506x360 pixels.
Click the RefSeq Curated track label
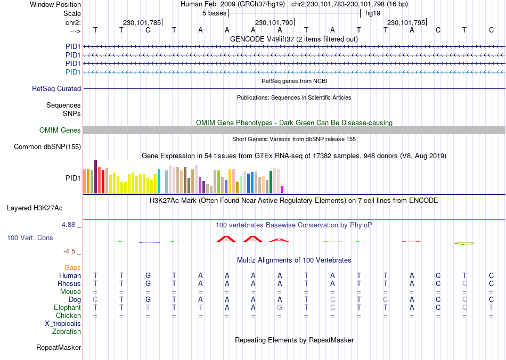pos(56,89)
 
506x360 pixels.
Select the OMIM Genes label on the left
pos(60,130)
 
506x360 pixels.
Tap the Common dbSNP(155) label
pos(47,147)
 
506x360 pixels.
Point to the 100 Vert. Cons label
pos(30,238)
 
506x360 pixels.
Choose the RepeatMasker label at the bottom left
pos(59,348)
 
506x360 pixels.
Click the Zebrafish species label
pos(67,332)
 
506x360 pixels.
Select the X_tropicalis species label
pos(63,324)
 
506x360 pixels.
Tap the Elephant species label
pos(67,308)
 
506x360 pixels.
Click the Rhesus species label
pos(69,284)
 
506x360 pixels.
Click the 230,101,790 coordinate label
pos(274,23)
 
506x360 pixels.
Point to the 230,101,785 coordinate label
pos(142,23)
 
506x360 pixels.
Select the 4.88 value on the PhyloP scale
pos(69,225)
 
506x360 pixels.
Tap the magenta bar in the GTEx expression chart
pos(282,190)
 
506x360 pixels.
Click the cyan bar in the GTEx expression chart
pos(159,182)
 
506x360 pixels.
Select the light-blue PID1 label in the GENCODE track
pos(73,72)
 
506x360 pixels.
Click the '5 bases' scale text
pos(215,13)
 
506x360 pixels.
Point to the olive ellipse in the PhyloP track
pos(464,243)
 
